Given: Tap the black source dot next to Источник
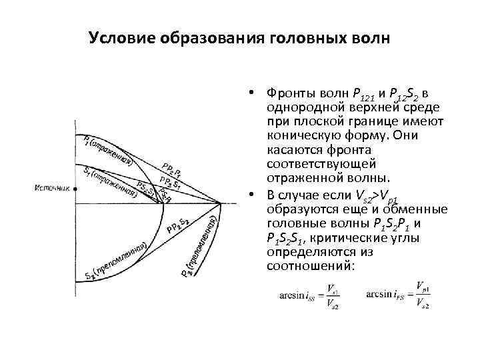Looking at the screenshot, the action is [x=75, y=189].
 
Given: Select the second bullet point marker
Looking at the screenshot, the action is [x=256, y=193].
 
